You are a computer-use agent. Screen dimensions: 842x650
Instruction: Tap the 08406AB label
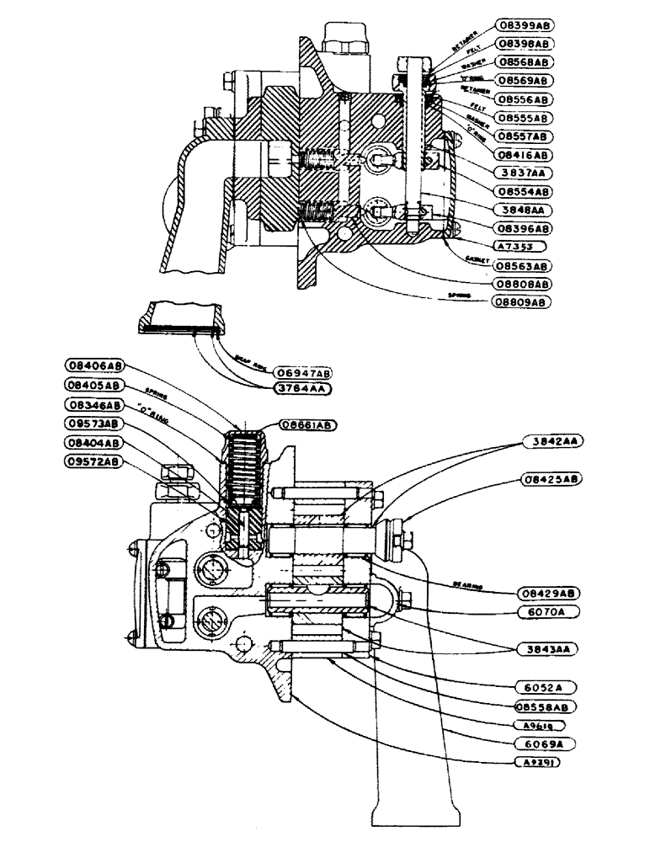[93, 365]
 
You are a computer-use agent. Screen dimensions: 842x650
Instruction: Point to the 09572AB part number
[93, 461]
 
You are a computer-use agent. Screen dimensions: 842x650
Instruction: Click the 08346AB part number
[93, 404]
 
